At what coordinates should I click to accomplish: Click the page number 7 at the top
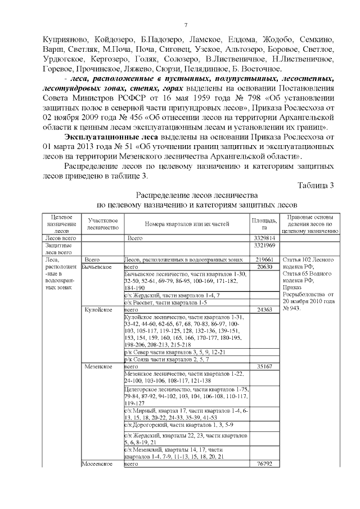(x=185, y=25)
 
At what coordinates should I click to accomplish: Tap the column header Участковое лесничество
(x=102, y=224)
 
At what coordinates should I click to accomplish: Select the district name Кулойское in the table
(x=98, y=310)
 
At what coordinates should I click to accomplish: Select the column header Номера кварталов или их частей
(x=186, y=224)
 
